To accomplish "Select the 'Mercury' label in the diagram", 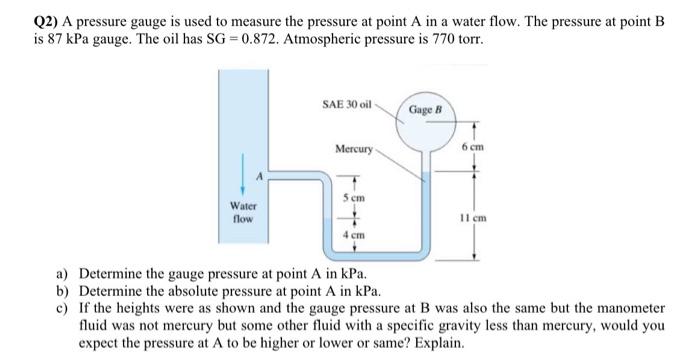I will click(354, 150).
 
